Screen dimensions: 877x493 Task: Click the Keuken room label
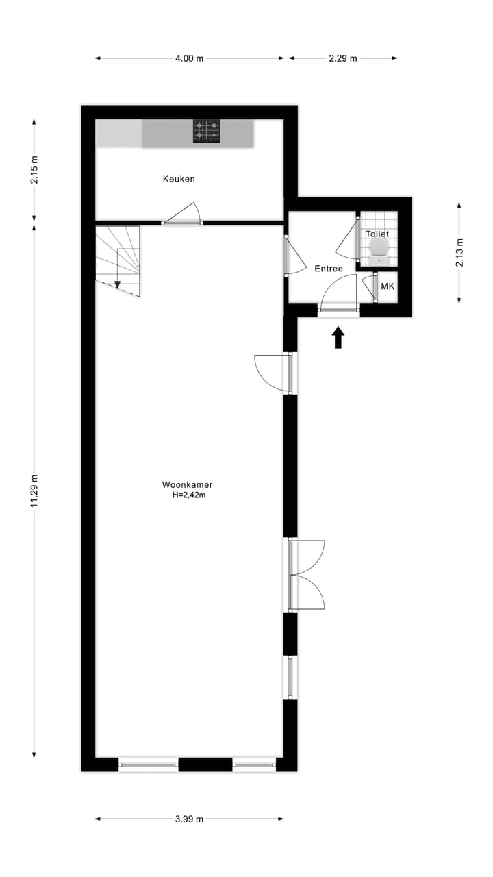point(179,179)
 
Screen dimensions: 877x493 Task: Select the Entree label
point(329,269)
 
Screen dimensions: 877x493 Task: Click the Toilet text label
point(377,234)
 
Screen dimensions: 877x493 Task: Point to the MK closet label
point(388,286)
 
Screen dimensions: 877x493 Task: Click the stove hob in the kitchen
point(207,131)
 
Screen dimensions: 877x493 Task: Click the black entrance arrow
point(338,338)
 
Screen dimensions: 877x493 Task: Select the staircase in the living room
point(118,260)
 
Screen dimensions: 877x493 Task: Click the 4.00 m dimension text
point(189,58)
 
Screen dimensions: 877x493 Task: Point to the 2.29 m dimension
point(342,58)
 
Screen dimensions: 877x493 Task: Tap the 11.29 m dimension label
point(34,491)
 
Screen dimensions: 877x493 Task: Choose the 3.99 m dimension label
point(189,819)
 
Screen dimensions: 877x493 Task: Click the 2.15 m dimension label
point(34,170)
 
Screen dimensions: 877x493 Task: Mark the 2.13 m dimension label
point(459,252)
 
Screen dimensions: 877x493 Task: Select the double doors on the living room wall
point(305,575)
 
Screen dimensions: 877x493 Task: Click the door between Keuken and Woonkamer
point(182,214)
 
